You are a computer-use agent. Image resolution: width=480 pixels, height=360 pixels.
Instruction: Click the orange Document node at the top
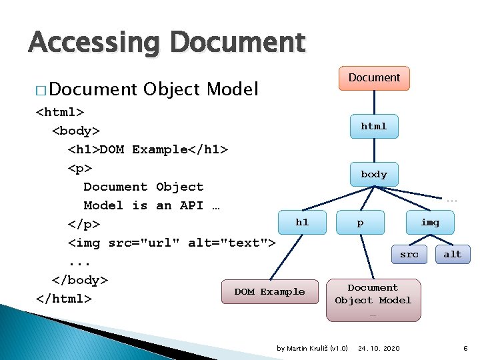(374, 78)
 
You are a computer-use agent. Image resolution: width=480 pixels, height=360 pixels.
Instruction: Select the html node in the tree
(374, 126)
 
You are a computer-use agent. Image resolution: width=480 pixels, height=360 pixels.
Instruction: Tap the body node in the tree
(374, 174)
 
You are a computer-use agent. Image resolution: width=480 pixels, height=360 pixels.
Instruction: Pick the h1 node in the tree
(302, 222)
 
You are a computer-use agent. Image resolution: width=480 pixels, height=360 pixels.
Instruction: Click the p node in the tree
(361, 223)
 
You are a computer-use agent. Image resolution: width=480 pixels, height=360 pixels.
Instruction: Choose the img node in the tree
(430, 222)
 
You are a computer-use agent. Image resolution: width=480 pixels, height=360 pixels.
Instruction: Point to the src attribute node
(409, 254)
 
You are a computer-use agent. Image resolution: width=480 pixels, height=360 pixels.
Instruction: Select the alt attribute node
(452, 254)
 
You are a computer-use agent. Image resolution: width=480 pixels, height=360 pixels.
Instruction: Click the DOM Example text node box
(269, 291)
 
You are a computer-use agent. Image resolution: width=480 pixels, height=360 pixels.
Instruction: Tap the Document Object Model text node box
(373, 294)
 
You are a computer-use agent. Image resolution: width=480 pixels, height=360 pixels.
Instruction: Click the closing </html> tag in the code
(63, 298)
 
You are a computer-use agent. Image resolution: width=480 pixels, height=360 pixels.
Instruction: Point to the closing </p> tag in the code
(83, 224)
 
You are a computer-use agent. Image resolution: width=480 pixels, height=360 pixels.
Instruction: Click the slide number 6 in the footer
(465, 348)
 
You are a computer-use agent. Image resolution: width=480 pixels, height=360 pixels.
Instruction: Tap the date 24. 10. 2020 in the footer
(379, 348)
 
